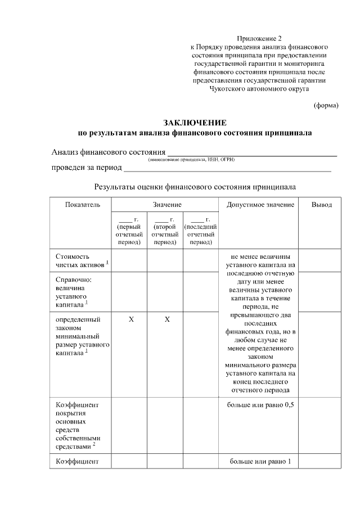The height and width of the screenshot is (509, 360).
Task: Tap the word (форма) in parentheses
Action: (x=326, y=105)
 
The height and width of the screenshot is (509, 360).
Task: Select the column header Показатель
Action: (x=82, y=205)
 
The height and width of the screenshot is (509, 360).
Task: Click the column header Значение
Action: (x=166, y=205)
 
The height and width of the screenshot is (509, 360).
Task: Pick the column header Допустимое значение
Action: (x=260, y=205)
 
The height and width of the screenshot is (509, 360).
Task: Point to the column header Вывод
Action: (x=322, y=205)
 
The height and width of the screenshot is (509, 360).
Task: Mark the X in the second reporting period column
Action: (x=167, y=319)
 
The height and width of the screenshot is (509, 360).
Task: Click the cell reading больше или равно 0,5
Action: (x=260, y=405)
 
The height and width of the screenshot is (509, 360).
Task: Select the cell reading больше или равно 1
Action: (x=260, y=462)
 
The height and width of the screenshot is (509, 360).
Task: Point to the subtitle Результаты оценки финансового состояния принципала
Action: (x=195, y=186)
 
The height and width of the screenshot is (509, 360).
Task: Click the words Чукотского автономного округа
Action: (x=259, y=88)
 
